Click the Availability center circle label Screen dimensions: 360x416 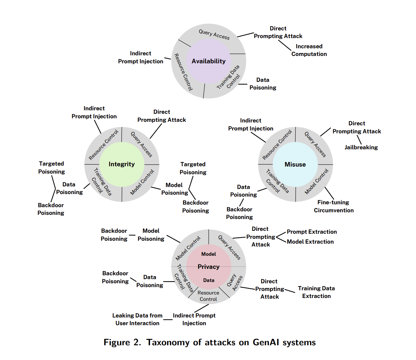pos(209,61)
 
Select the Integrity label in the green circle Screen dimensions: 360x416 pos(122,164)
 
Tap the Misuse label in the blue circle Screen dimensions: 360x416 pos(295,164)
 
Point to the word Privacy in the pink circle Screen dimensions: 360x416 pos(209,267)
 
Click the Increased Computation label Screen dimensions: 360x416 pos(309,50)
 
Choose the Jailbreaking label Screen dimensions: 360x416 pos(361,147)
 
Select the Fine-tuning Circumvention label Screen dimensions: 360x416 pos(333,206)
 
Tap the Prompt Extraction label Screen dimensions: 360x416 pos(312,232)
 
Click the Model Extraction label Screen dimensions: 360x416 pos(310,242)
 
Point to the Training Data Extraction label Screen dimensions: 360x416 pos(316,292)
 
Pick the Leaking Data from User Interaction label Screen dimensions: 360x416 pos(137,319)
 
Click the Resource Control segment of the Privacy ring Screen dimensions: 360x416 pos(208,296)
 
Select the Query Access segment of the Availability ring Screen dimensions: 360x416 pos(214,34)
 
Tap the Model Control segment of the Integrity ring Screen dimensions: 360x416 pos(142,182)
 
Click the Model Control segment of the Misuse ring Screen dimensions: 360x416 pos(316,182)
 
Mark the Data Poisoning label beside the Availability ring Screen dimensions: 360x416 pos(263,84)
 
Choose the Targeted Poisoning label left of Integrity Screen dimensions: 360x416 pos(52,168)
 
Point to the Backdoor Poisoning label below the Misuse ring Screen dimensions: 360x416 pos(239,213)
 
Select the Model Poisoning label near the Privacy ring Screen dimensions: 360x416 pos(151,235)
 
